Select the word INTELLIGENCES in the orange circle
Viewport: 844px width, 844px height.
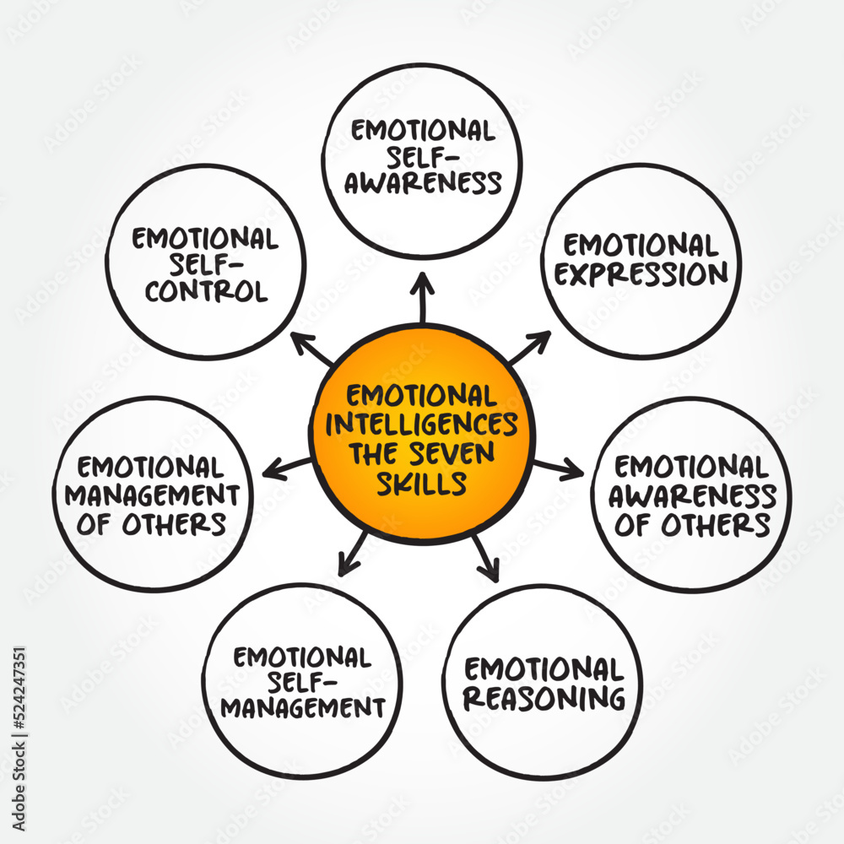point(422,425)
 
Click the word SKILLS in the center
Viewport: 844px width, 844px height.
point(422,484)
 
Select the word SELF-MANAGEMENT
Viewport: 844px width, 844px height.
point(302,694)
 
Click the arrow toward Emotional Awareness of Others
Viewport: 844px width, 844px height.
point(557,467)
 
